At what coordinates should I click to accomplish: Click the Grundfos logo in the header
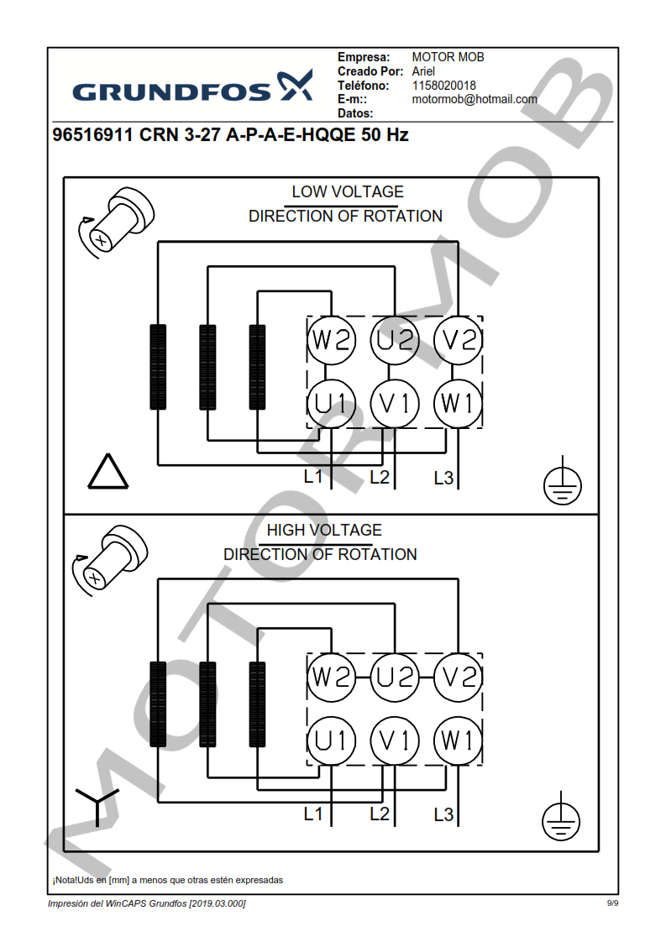192,87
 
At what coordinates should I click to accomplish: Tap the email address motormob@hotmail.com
474,99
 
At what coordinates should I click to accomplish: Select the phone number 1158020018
443,86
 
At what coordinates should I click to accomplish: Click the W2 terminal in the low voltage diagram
331,340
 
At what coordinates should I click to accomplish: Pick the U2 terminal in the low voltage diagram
395,340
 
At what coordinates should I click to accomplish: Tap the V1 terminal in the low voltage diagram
395,404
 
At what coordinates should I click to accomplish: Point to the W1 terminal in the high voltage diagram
458,741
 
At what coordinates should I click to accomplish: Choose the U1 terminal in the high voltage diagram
331,741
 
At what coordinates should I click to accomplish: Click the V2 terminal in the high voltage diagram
458,677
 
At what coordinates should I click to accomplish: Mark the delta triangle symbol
108,473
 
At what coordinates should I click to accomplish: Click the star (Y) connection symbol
97,804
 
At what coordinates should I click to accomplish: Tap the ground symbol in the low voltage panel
560,483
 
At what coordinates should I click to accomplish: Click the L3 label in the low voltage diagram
443,479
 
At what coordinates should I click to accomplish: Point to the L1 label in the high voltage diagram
313,814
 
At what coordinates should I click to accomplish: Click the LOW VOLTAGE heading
347,192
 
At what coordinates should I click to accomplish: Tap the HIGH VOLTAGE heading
323,531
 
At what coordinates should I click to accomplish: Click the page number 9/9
612,903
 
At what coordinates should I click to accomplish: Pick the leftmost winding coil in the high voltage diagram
158,704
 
